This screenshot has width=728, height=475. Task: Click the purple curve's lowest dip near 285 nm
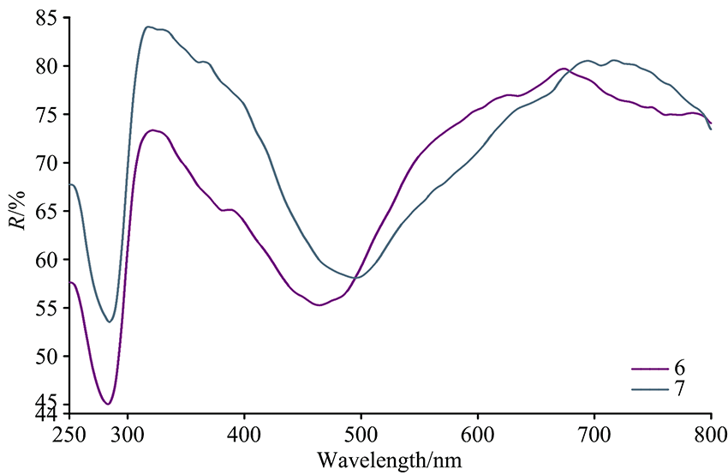coord(108,404)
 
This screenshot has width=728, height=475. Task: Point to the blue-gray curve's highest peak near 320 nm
coord(148,27)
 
